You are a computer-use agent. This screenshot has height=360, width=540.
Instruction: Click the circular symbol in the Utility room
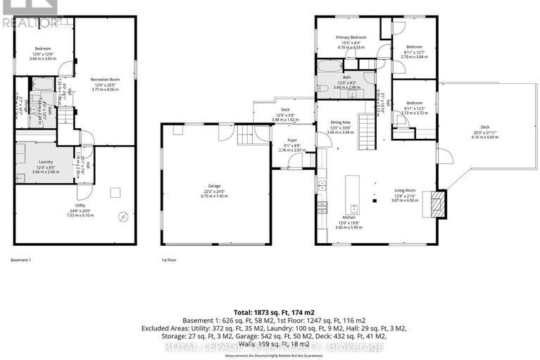click(x=124, y=217)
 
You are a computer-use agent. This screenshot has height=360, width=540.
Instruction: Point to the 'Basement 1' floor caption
click(x=21, y=260)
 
